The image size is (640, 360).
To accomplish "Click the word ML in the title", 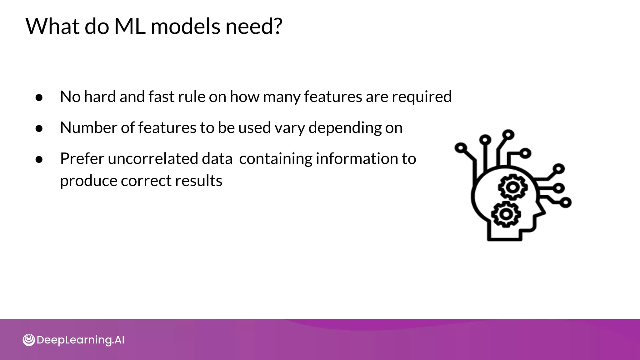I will [x=130, y=26].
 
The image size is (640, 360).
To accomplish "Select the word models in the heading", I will [x=186, y=26].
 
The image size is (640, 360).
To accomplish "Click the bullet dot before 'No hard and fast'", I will [x=39, y=97].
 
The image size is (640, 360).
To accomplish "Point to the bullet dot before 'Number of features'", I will [x=39, y=128].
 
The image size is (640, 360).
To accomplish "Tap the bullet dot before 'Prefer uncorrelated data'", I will [x=39, y=159].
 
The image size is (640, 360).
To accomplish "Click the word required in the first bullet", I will [x=422, y=97].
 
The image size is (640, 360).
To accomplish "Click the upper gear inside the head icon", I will [x=512, y=187].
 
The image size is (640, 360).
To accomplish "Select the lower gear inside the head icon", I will [x=506, y=214].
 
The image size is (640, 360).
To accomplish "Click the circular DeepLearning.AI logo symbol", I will [x=29, y=340].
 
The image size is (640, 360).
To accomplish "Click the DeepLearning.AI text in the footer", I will [x=80, y=340].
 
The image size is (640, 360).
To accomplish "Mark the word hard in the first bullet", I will [x=100, y=97].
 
